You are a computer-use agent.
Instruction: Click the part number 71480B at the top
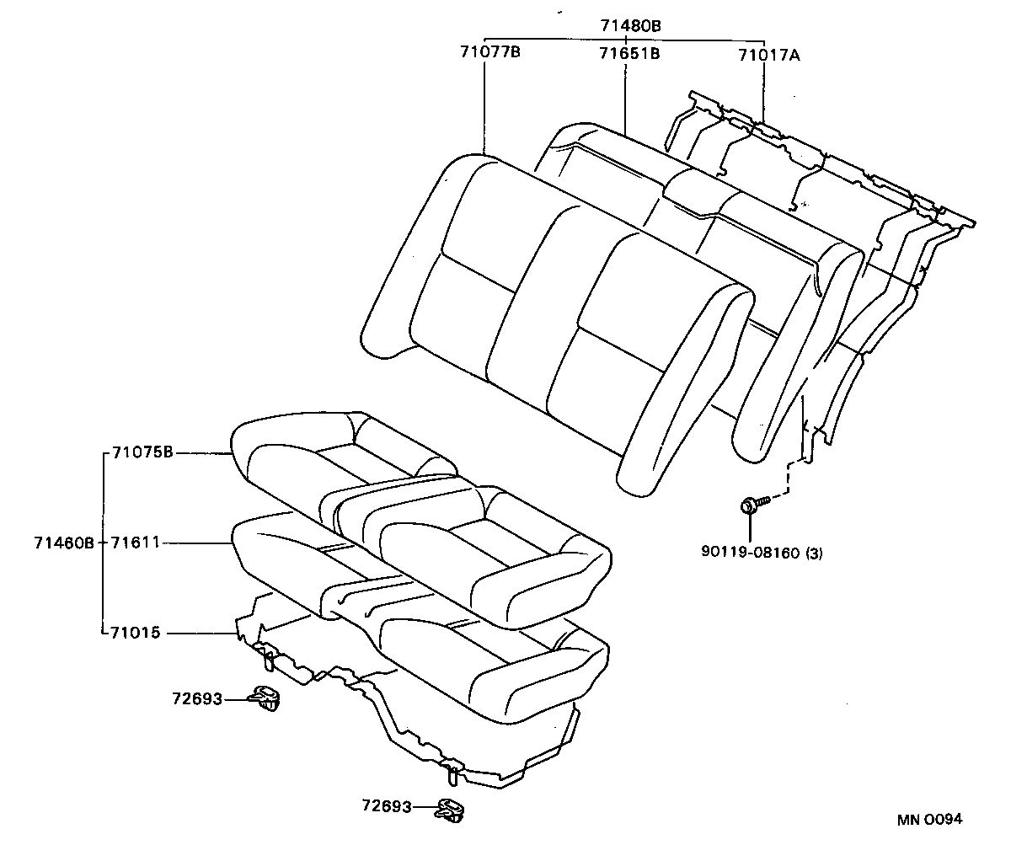click(630, 26)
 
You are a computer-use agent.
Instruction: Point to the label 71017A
click(768, 56)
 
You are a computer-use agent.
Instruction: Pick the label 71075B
click(142, 452)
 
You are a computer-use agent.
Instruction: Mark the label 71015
click(135, 632)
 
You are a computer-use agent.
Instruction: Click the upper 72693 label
click(196, 698)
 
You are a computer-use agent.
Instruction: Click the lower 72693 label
click(386, 806)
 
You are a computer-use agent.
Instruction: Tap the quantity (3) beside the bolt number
click(815, 553)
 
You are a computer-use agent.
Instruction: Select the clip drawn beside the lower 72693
click(451, 810)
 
